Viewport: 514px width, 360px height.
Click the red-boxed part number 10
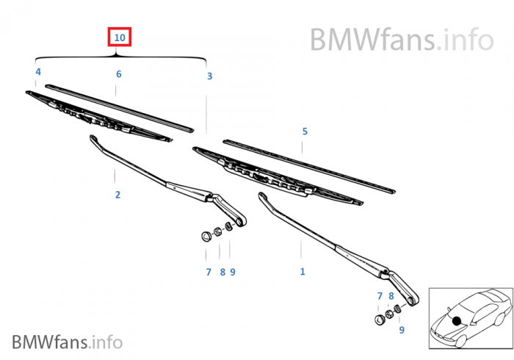click(120, 36)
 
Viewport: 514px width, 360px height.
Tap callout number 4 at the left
click(37, 72)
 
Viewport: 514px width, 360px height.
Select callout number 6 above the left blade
click(118, 74)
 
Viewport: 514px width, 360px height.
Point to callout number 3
click(209, 76)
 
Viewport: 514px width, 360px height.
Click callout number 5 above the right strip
click(305, 132)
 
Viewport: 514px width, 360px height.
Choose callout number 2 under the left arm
click(117, 195)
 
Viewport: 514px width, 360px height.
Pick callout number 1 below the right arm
click(302, 272)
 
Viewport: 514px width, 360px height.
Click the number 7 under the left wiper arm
click(208, 273)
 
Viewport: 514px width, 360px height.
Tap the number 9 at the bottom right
click(402, 330)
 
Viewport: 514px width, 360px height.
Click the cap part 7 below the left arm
click(206, 237)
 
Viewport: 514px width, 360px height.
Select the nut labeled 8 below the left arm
click(219, 230)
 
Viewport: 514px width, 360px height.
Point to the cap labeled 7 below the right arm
click(379, 320)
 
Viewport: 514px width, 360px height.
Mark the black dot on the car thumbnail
click(457, 320)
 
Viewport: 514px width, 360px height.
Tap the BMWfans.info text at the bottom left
click(67, 342)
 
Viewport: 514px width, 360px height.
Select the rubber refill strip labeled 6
click(117, 106)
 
